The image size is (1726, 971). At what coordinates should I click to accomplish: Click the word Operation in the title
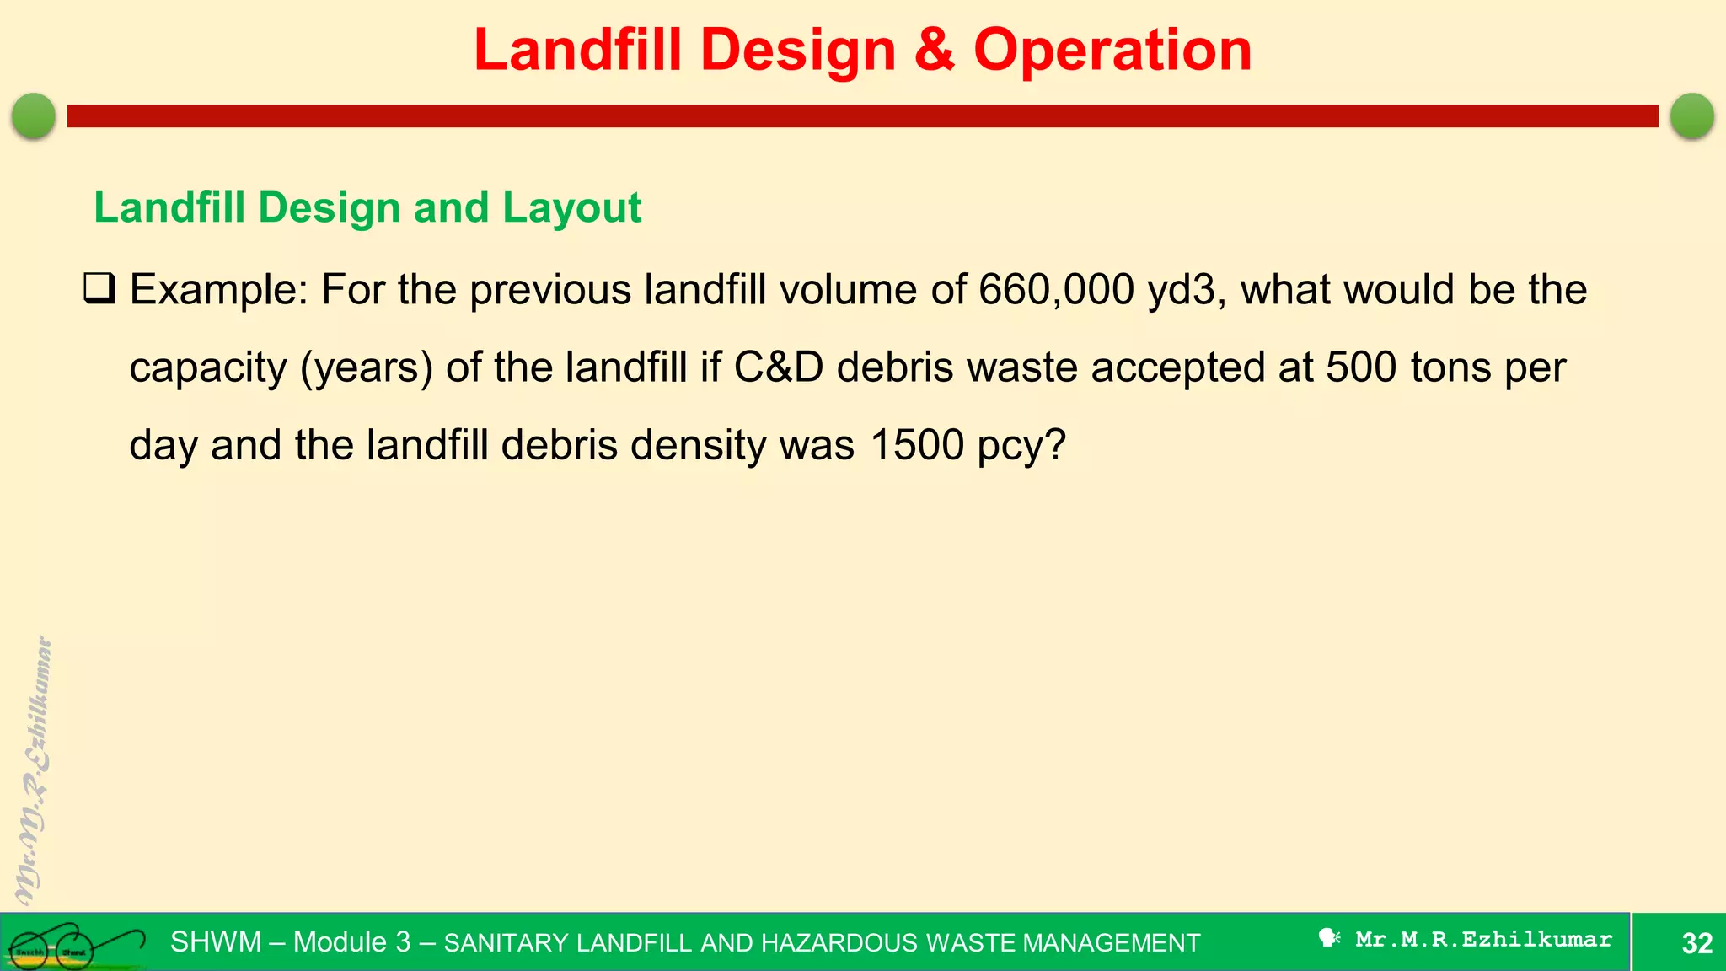coord(1112,51)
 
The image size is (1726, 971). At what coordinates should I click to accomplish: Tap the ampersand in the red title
coord(934,51)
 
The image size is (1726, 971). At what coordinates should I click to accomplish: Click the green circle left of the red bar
coord(34,115)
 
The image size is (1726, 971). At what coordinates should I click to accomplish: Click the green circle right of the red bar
coord(1691,115)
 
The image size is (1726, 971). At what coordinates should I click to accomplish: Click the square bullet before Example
coord(99,289)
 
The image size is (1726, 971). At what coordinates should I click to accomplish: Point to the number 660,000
coord(1056,290)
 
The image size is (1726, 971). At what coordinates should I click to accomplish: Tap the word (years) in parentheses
coord(366,368)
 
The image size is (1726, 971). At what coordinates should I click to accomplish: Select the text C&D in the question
coord(778,367)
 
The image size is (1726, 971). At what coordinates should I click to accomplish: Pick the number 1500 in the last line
coord(916,445)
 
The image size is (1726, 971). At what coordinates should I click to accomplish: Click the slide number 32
coord(1697,942)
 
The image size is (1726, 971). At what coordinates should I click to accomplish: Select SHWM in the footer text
coord(216,941)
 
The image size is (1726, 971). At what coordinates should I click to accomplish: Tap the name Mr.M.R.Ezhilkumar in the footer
coord(1483,939)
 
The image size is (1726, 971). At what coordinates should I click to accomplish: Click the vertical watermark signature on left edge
coord(34,771)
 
